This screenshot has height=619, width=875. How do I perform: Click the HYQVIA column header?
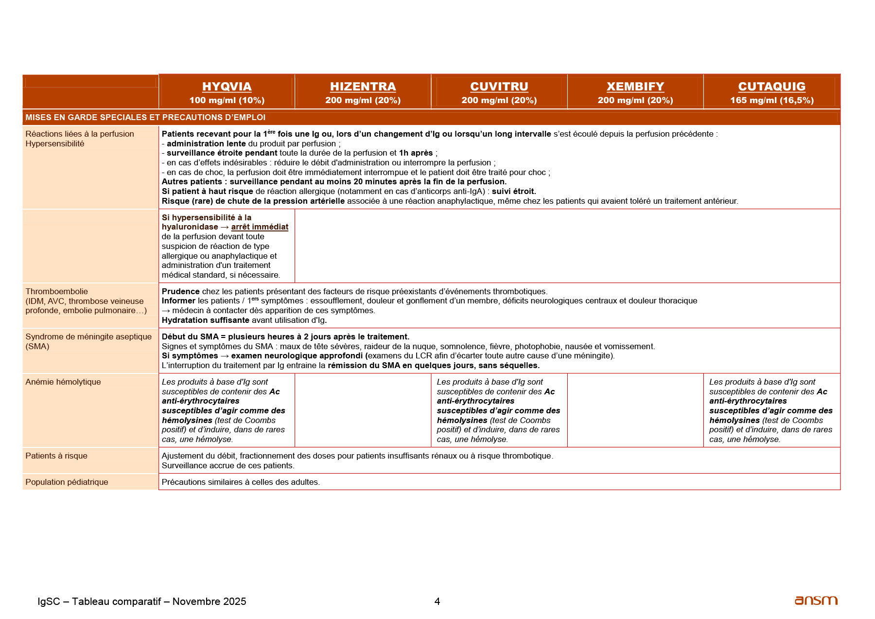[x=227, y=87]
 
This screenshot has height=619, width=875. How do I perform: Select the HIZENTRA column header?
[x=363, y=87]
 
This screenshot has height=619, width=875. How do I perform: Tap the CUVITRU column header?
[x=499, y=87]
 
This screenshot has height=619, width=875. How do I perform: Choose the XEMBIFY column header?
[x=635, y=87]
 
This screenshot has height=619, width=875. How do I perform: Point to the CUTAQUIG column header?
[x=771, y=87]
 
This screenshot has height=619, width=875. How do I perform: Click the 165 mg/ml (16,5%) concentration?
[x=771, y=100]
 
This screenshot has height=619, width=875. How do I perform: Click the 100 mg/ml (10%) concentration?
[x=227, y=100]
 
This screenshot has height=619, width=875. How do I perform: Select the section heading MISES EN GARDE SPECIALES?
[x=145, y=117]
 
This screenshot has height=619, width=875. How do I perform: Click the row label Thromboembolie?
[x=56, y=291]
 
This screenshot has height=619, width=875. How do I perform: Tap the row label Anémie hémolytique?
[x=63, y=382]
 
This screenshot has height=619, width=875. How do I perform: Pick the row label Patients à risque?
[x=56, y=456]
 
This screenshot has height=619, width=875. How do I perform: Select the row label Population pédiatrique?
[x=67, y=482]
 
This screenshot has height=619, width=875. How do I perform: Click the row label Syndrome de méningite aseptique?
[x=88, y=336]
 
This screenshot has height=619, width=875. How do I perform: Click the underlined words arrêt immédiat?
[x=260, y=227]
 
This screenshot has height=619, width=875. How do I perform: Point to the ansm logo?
[x=816, y=601]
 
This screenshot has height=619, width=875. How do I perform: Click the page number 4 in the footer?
[x=437, y=601]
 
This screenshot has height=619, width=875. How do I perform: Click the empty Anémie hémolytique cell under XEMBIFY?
[x=635, y=410]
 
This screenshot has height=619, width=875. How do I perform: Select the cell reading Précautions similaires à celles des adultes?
[x=241, y=482]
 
